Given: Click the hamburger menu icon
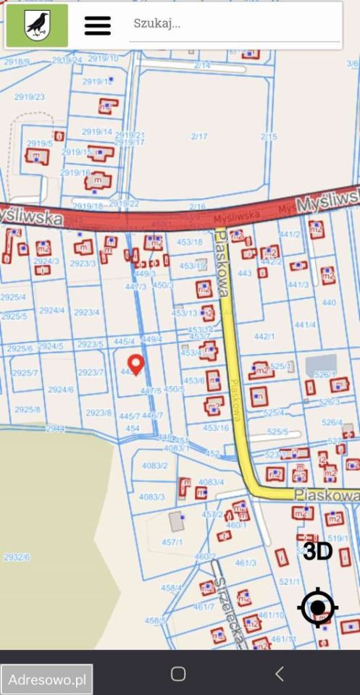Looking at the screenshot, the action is click(98, 25).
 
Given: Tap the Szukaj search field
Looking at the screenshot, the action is click(232, 23).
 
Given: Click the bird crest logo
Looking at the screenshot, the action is click(37, 25).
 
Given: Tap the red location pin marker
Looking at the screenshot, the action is click(135, 363).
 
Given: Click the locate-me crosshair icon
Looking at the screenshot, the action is click(317, 608).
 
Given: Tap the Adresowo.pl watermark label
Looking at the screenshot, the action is click(47, 680).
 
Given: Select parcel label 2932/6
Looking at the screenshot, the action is click(16, 557).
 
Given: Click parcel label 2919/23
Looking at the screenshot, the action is click(29, 96).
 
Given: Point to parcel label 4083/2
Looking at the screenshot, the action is click(154, 466).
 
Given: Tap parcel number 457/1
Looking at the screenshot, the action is click(172, 542).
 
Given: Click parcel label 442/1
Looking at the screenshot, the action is click(264, 336).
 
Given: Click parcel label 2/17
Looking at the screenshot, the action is click(198, 136).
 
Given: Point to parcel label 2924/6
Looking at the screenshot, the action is click(61, 389).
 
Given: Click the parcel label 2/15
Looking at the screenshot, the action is click(269, 136).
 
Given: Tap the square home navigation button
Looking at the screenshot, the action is click(178, 674).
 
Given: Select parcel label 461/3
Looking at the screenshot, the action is click(246, 563).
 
